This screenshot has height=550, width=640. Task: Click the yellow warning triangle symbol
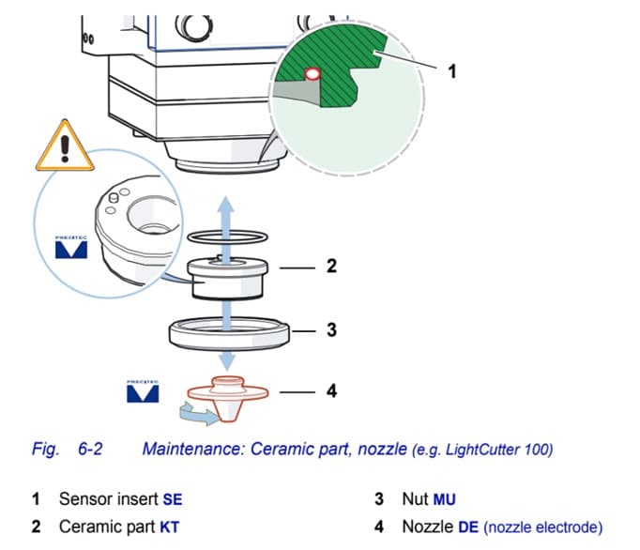[x=64, y=147]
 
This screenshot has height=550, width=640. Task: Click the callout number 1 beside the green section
[x=452, y=70]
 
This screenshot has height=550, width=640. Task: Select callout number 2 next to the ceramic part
[x=331, y=266]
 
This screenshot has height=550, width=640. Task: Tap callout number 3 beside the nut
[x=331, y=330]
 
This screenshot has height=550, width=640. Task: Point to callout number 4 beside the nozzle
[x=331, y=390]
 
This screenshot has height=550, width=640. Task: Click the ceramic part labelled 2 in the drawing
[x=226, y=279]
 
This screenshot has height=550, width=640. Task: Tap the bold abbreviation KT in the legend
[x=169, y=527]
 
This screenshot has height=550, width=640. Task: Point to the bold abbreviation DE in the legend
[x=467, y=527]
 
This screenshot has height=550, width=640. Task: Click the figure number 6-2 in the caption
[x=90, y=449]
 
